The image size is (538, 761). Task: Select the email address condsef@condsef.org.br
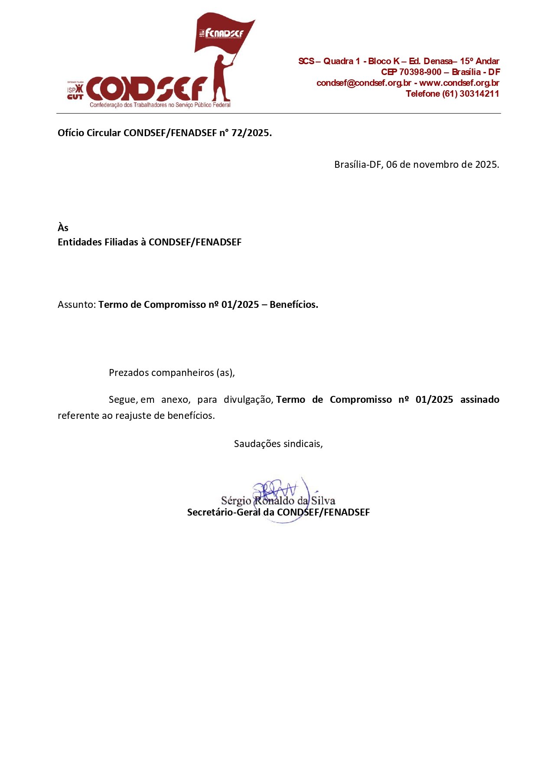click(363, 83)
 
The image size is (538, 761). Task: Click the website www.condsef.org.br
click(459, 83)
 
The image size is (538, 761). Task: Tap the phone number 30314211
click(479, 94)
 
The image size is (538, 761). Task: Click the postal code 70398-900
click(420, 72)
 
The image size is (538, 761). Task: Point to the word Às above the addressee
click(63, 228)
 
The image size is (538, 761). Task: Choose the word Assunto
click(76, 304)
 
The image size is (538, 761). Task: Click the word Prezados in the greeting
click(128, 372)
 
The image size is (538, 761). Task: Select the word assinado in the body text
click(479, 399)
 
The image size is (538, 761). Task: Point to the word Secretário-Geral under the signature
click(224, 512)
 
